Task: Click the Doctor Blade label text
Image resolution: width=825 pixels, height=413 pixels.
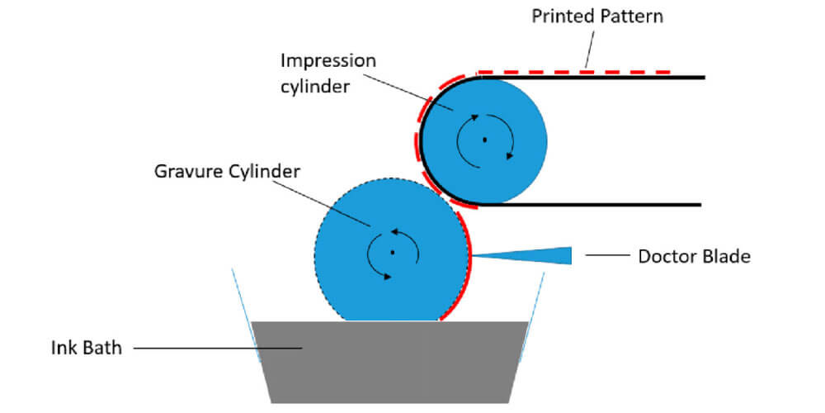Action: pyautogui.click(x=694, y=256)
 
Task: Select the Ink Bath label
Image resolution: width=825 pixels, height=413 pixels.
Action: pyautogui.click(x=84, y=348)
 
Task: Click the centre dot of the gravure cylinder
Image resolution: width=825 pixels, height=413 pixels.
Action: pyautogui.click(x=393, y=252)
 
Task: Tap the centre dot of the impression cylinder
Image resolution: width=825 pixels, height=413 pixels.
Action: pyautogui.click(x=485, y=140)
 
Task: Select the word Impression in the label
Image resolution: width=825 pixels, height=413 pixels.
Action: pyautogui.click(x=328, y=61)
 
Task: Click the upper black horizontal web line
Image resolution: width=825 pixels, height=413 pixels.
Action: pyautogui.click(x=594, y=78)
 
